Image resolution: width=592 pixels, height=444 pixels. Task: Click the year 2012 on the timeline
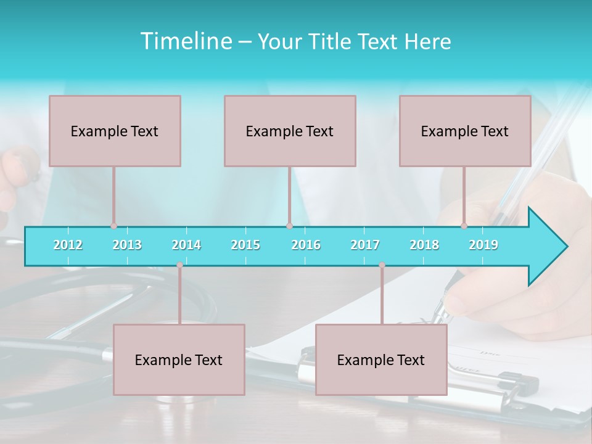pos(68,245)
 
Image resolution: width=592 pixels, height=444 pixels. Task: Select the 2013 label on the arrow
pos(127,245)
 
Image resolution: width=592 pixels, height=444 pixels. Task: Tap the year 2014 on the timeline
pos(186,245)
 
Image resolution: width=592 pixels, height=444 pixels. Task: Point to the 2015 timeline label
pos(245,245)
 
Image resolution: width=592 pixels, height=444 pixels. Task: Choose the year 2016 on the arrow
pos(306,245)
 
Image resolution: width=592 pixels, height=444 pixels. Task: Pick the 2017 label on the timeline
pos(365,245)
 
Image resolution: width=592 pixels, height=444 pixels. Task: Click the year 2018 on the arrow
pos(424,245)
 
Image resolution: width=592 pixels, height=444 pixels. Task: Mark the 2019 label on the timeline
pos(483,245)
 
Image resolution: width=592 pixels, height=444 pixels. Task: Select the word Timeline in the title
pos(184,41)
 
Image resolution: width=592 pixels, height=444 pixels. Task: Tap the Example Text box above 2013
pos(115,131)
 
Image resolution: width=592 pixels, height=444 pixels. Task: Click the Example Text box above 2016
pos(290,131)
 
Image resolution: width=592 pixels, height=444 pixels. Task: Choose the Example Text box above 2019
pos(465,131)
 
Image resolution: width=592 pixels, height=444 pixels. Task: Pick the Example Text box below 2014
pos(179,360)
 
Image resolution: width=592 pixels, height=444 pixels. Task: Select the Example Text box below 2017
pos(381,360)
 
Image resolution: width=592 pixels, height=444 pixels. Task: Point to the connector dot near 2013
pos(113,226)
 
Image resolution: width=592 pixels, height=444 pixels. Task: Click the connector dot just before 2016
pos(289,226)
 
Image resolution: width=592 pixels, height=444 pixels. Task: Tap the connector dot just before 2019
pos(464,226)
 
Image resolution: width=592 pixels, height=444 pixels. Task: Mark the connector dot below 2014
pos(179,265)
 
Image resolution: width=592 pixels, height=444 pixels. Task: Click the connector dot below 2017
pos(382,265)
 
